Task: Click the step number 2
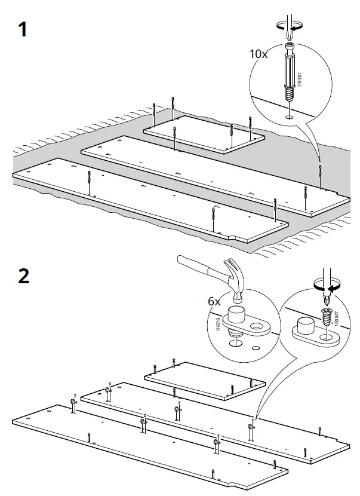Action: click(23, 276)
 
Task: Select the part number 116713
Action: click(217, 326)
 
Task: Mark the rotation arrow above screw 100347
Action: click(327, 286)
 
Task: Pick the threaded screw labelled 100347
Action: click(327, 317)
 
